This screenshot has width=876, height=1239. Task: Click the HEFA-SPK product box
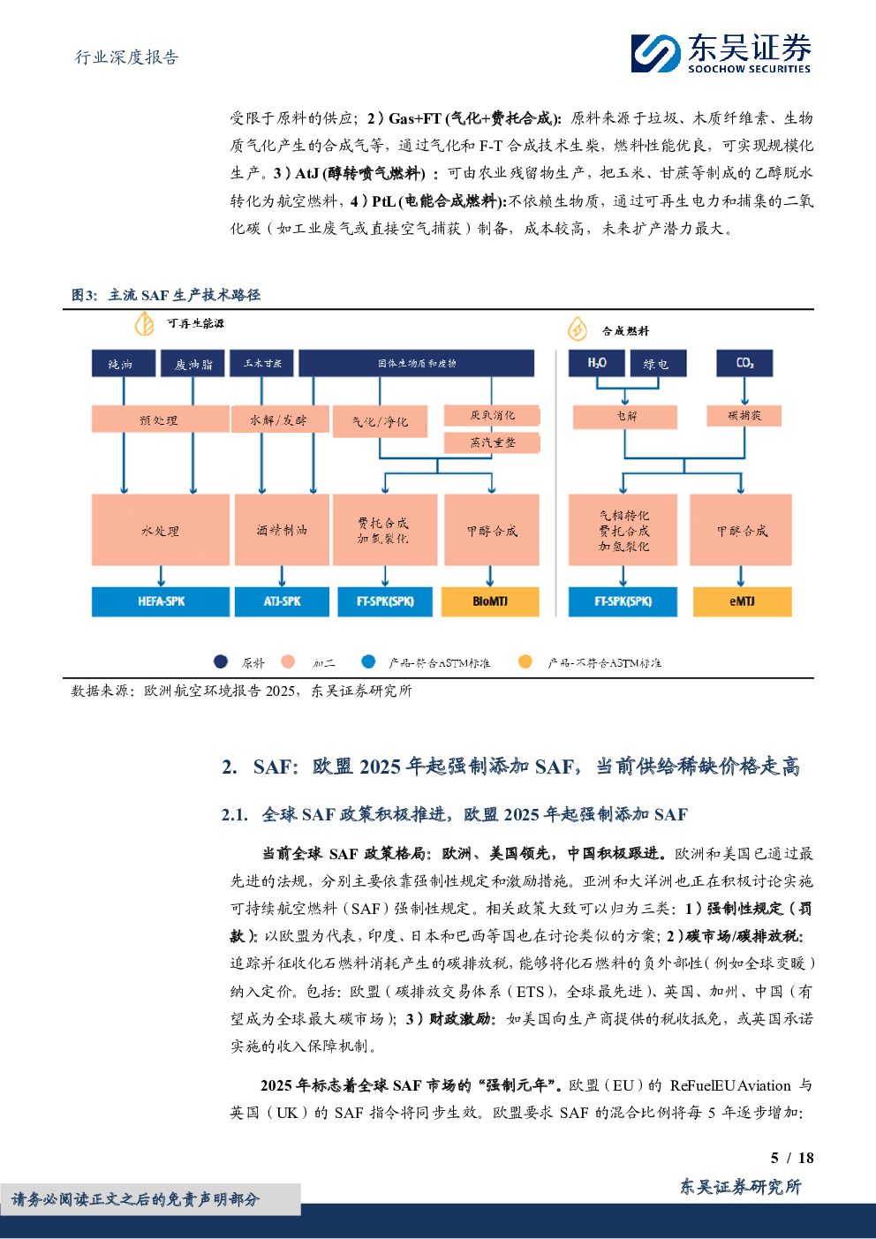click(161, 601)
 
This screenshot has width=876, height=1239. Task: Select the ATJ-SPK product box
click(282, 601)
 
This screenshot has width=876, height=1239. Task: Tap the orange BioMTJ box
click(490, 601)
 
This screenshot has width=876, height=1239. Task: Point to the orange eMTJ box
click(742, 601)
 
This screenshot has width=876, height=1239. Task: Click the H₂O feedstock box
click(597, 363)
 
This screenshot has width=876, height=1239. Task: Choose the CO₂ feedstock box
click(744, 363)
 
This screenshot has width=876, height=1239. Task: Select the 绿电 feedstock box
click(655, 364)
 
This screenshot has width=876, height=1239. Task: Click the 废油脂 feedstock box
click(193, 364)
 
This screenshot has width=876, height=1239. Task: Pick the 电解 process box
click(625, 416)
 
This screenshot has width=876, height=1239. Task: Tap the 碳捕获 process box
click(744, 415)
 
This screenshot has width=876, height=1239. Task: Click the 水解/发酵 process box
click(279, 419)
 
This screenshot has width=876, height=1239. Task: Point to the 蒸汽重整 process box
click(492, 442)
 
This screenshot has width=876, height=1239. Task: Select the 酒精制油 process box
click(282, 530)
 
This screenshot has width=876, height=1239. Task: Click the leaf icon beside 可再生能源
click(144, 324)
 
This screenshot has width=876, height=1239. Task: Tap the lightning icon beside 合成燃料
click(578, 329)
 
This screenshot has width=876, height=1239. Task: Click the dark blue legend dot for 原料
click(221, 661)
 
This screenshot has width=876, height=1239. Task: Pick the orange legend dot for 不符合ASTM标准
click(525, 661)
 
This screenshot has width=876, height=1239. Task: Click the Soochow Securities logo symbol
click(655, 53)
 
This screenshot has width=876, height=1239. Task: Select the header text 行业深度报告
click(126, 57)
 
